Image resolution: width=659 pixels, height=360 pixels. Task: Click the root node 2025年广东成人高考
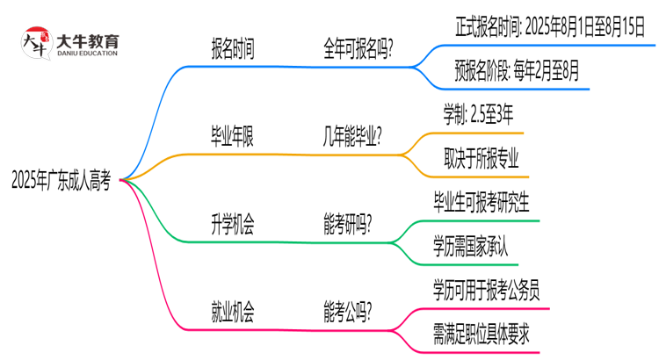(x=62, y=181)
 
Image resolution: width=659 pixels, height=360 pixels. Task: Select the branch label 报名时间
(x=234, y=49)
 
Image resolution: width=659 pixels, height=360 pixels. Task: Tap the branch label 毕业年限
(x=234, y=136)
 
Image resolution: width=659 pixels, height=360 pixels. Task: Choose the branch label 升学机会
(x=234, y=224)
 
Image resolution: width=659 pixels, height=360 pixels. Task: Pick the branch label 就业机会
(x=234, y=312)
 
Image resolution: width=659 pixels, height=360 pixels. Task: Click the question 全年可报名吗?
(x=358, y=49)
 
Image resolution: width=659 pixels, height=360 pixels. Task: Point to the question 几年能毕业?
(x=358, y=136)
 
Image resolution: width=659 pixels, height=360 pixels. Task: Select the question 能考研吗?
(x=348, y=224)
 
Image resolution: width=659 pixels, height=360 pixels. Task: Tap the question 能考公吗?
(x=348, y=312)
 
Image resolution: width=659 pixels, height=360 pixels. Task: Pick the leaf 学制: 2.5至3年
(x=479, y=114)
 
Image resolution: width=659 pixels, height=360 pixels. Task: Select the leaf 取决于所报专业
(x=482, y=158)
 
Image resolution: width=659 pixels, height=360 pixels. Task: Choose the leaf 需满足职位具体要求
(x=481, y=334)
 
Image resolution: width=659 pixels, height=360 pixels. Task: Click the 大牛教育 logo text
(x=87, y=39)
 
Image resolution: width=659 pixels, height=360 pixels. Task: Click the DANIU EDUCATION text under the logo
(x=87, y=53)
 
